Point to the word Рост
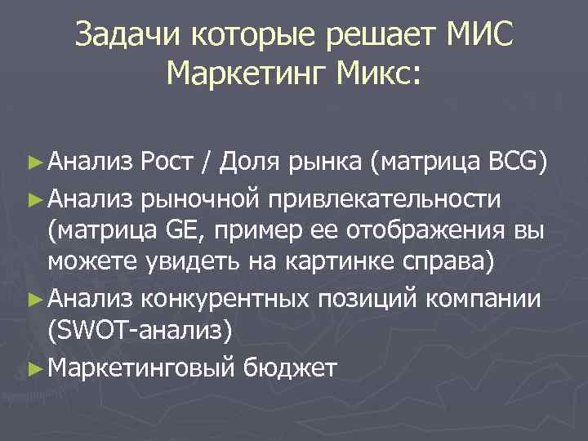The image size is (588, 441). click(x=168, y=163)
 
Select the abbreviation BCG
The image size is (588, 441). click(x=513, y=163)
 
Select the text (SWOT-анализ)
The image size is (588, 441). click(x=140, y=333)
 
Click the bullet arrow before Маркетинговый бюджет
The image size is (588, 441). click(x=33, y=367)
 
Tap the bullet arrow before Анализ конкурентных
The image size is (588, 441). click(x=33, y=299)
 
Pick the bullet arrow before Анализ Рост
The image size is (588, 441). click(x=33, y=163)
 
